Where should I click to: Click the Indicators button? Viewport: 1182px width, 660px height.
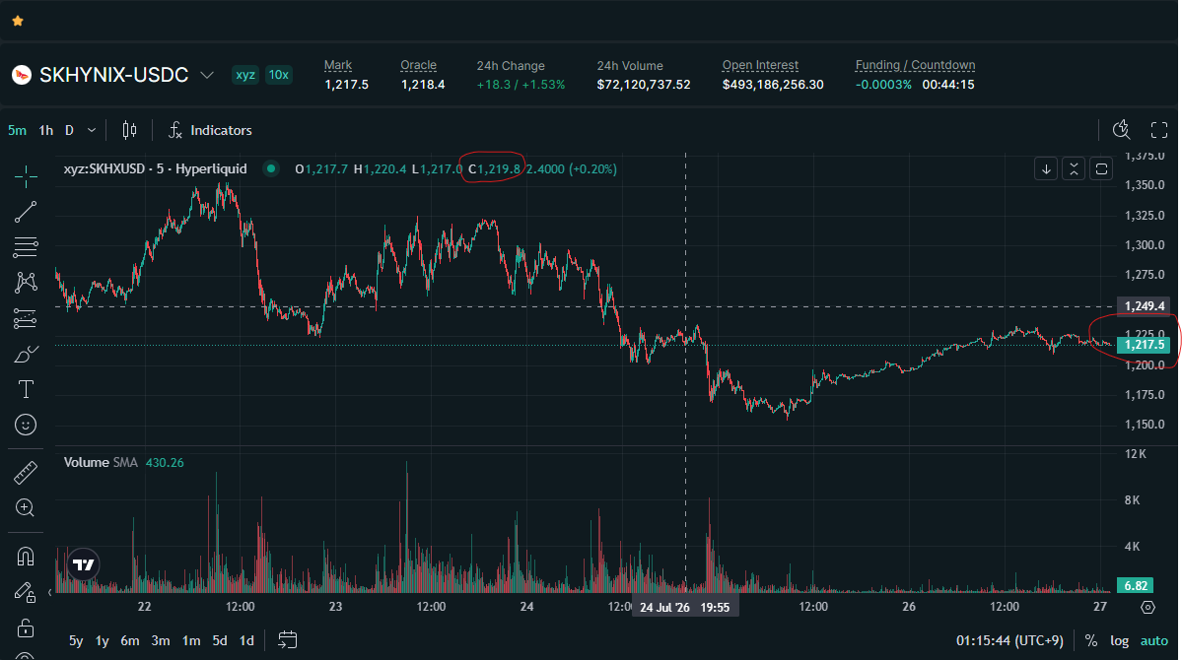click(210, 130)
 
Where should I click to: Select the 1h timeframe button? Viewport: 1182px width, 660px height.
click(46, 130)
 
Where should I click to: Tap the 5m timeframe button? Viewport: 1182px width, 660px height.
click(17, 130)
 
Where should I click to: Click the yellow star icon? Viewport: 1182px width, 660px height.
click(18, 21)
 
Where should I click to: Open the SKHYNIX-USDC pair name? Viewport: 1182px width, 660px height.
click(113, 75)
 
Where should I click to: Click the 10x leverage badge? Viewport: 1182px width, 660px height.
click(279, 75)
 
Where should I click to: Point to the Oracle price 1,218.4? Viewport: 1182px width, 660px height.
click(423, 85)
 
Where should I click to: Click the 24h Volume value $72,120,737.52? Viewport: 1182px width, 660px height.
click(644, 85)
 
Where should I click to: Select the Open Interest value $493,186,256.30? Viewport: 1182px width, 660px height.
click(773, 85)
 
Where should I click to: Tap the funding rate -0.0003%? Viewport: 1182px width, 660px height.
click(883, 85)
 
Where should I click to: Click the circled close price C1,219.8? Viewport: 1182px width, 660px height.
click(495, 168)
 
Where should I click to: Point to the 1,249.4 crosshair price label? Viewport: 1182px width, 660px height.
click(1145, 306)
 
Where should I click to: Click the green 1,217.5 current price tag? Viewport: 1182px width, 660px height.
click(1145, 345)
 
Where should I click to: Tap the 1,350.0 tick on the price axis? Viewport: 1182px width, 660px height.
click(1145, 185)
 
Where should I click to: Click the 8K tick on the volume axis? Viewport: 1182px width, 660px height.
click(1133, 500)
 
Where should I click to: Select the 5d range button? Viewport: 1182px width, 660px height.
click(220, 640)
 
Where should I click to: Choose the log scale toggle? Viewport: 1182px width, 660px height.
click(1120, 640)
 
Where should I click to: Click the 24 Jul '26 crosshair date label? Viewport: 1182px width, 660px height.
click(664, 607)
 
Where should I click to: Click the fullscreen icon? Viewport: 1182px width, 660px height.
click(1159, 130)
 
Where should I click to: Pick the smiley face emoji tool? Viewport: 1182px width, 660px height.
click(26, 425)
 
